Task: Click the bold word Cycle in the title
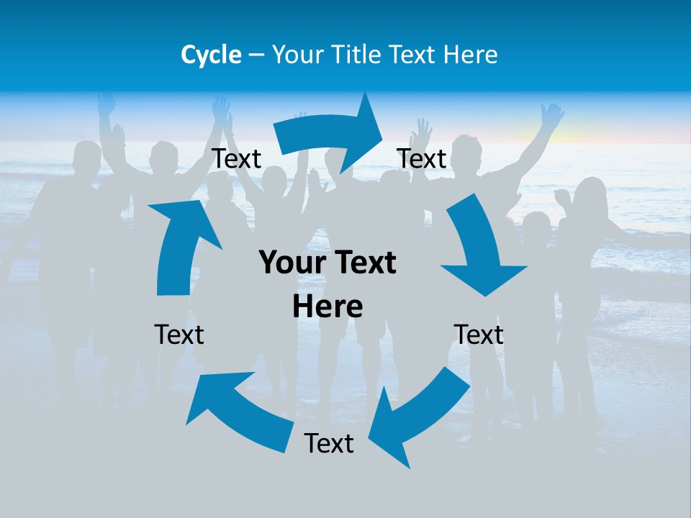tap(211, 55)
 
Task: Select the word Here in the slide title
tap(469, 55)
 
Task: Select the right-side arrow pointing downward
tap(479, 248)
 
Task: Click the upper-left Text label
tap(237, 159)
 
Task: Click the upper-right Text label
tap(422, 159)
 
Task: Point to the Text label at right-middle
tap(479, 335)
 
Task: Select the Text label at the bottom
tap(329, 443)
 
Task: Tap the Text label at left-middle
tap(179, 335)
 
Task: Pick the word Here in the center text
tap(328, 306)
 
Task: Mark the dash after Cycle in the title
tap(256, 55)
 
